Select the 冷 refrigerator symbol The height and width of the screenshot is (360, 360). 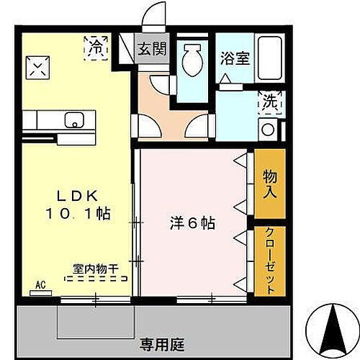95,48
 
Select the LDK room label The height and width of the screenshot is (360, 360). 71,194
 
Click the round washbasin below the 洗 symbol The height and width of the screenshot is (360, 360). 267,130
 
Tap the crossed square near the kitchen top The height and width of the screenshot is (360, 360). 37,68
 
